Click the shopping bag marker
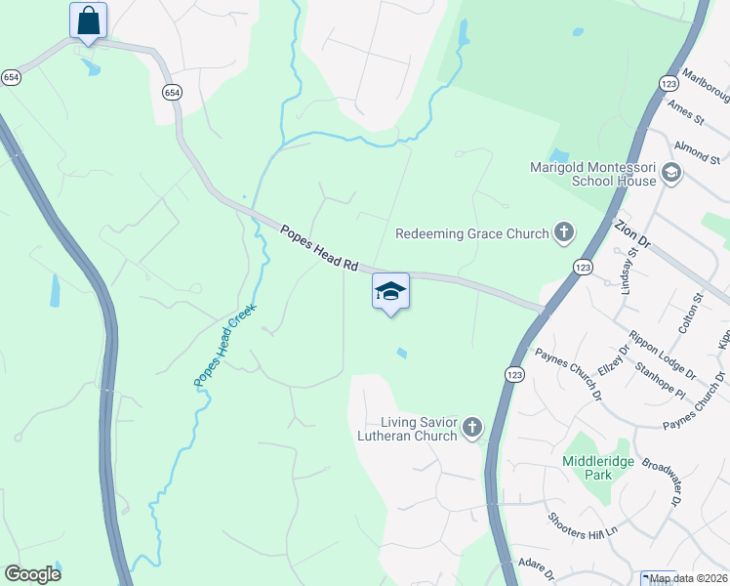(88, 21)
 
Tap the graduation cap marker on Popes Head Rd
(390, 291)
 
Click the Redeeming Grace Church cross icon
(563, 232)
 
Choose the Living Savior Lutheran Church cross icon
(472, 427)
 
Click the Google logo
(32, 574)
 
